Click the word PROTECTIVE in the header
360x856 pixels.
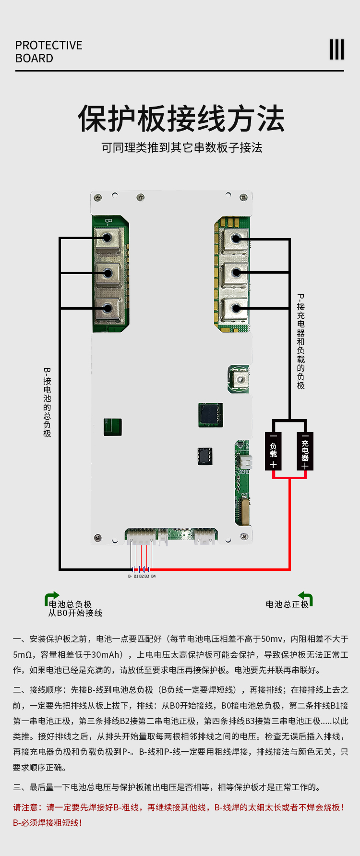click(49, 45)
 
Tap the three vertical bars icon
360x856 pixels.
click(337, 49)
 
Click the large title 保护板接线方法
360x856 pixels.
click(181, 119)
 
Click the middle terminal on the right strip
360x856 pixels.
click(235, 273)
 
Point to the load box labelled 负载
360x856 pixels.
click(273, 451)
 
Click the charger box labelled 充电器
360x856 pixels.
click(305, 451)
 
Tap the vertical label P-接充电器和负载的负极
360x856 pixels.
click(301, 341)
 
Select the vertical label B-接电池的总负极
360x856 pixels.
click(47, 402)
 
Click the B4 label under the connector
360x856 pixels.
click(153, 576)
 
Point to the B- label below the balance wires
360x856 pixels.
click(130, 576)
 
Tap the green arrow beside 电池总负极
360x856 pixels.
click(51, 598)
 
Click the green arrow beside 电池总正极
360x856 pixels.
click(306, 598)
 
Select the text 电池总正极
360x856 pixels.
click(287, 604)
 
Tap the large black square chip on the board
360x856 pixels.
click(210, 414)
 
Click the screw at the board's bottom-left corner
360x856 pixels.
click(98, 537)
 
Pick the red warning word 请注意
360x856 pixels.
click(27, 808)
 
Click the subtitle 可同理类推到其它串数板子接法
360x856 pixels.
click(181, 147)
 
